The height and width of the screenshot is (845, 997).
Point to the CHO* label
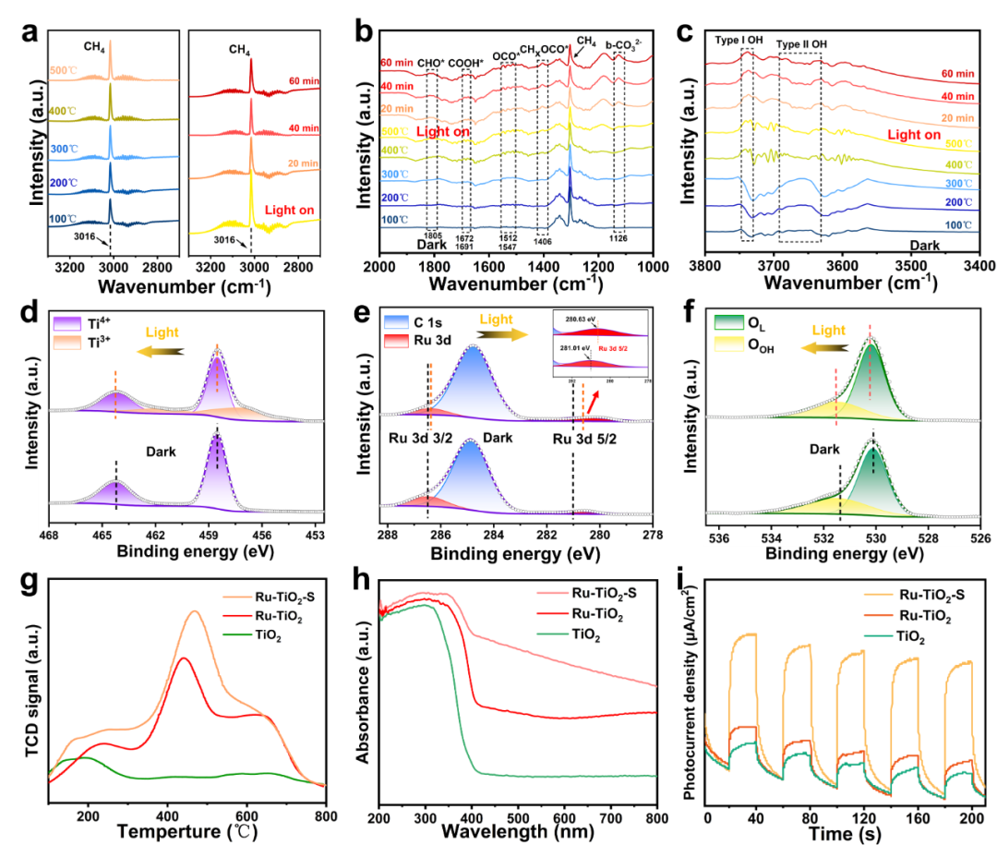point(432,64)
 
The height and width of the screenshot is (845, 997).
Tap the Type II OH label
point(803,43)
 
